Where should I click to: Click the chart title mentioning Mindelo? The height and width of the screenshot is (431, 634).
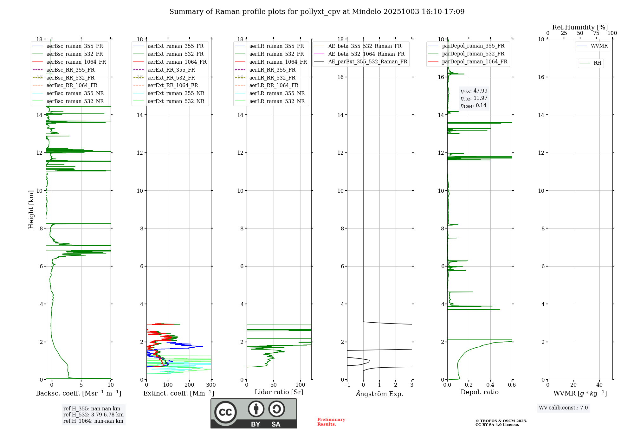click(317, 12)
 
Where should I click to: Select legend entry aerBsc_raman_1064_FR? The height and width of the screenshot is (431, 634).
click(76, 62)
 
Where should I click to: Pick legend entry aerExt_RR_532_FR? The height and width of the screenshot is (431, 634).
click(171, 78)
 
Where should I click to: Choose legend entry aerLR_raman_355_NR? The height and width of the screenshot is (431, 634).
click(277, 93)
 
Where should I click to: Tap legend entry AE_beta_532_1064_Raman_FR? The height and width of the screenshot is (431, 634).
click(366, 54)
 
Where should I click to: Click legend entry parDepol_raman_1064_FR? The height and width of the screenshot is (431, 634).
click(475, 61)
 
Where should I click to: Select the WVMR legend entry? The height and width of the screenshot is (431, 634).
click(599, 46)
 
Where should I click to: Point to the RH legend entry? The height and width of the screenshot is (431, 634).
click(597, 63)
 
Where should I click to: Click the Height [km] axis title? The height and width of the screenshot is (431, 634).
click(31, 209)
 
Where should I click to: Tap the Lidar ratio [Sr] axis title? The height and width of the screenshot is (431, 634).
click(279, 392)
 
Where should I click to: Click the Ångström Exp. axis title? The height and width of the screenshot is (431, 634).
click(379, 394)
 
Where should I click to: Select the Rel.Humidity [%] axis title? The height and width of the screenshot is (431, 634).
click(580, 27)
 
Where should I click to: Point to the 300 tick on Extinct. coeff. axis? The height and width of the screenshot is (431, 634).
click(211, 385)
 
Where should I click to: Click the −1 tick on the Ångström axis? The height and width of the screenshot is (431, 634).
click(347, 385)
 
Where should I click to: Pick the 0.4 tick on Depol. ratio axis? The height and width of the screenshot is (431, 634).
click(490, 385)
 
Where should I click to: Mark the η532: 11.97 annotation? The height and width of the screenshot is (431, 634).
click(474, 98)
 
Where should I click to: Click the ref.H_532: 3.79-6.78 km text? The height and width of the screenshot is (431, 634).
click(93, 415)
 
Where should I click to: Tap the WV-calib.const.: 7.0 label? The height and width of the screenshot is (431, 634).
click(563, 408)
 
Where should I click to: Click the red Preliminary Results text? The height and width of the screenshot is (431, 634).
click(331, 421)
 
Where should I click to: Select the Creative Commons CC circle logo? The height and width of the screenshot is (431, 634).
click(225, 412)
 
